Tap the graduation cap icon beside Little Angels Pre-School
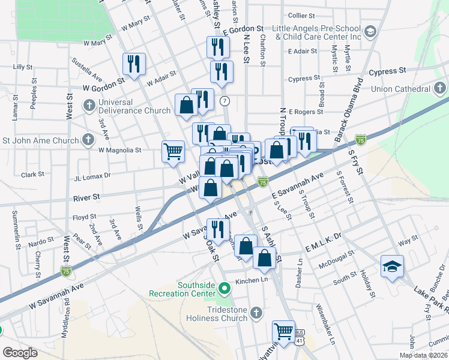pos(370,31)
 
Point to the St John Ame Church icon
pos(89,141)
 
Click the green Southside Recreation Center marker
pos(225,289)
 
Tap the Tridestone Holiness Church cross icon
pos(256,313)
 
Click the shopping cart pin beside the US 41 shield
pos(283,331)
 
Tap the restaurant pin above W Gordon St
pos(133,64)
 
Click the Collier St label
pos(301,15)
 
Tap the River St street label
pos(86,197)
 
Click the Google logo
pos(20,352)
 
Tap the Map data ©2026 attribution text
pos(423,355)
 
